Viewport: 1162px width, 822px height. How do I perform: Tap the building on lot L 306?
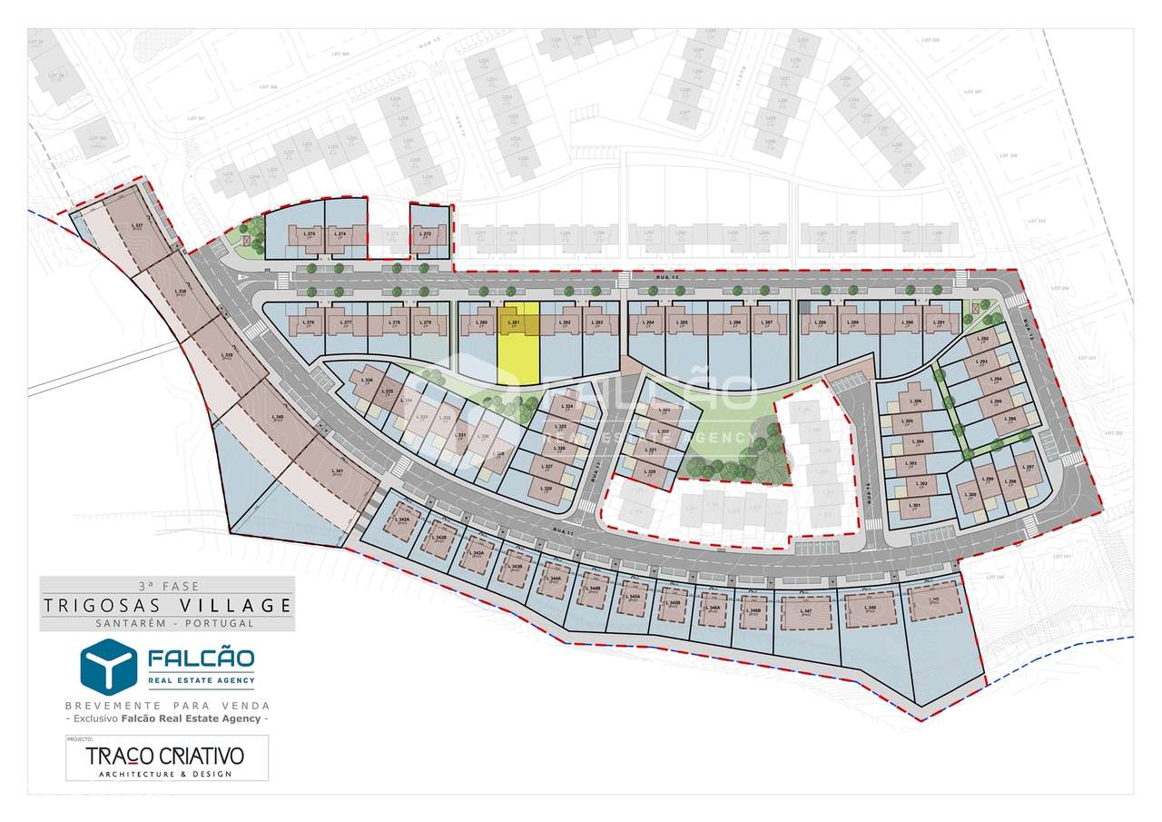coord(915,401)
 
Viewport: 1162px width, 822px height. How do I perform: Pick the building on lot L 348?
coord(871,608)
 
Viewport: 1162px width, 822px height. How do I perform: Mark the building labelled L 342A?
coord(403,521)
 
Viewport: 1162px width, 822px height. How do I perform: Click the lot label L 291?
coord(940,322)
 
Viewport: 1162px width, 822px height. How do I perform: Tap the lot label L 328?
coord(547,489)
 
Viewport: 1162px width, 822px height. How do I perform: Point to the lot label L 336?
coord(368,380)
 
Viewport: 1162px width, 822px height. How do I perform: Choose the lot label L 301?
coord(915,505)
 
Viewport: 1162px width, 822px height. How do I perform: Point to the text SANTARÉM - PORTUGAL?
coord(167,623)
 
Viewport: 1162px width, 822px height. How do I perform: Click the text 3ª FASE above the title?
coord(167,586)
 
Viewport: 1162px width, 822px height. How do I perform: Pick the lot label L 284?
coord(648,322)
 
